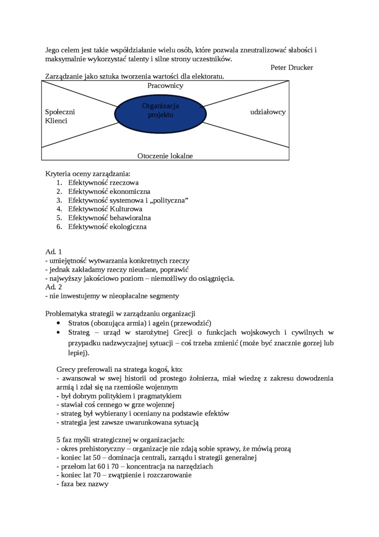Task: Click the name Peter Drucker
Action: (292, 67)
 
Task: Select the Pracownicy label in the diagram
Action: (165, 85)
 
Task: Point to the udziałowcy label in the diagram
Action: (268, 112)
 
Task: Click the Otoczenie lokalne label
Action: (165, 156)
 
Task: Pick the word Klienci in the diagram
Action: (56, 121)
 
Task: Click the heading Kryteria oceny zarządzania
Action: (88, 174)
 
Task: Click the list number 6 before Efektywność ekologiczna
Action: (59, 227)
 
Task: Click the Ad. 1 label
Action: (53, 252)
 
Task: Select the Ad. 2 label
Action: (53, 287)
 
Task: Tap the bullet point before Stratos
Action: (60, 323)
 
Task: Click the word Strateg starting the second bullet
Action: (79, 332)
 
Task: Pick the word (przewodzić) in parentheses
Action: (191, 323)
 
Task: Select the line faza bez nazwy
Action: (82, 484)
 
